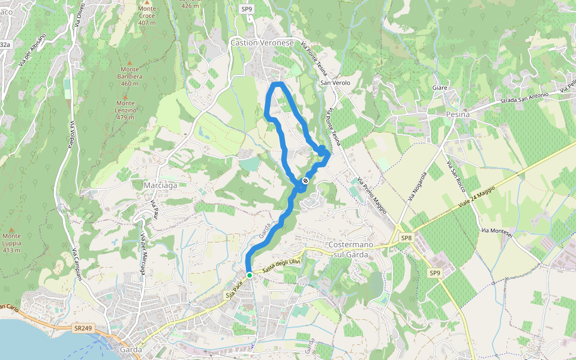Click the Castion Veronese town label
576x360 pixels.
(x=262, y=43)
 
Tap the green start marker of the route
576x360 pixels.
(x=249, y=275)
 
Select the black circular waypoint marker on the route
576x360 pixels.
(x=305, y=181)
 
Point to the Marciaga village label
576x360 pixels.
(x=160, y=185)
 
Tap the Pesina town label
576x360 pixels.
(x=457, y=113)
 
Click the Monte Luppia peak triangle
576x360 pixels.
(x=11, y=229)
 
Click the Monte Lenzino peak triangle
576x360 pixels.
(x=125, y=95)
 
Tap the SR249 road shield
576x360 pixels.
(x=83, y=328)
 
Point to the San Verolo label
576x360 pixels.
(x=335, y=83)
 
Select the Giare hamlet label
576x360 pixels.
(x=440, y=88)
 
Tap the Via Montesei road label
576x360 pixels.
(x=497, y=232)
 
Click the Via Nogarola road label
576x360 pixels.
(x=418, y=185)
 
